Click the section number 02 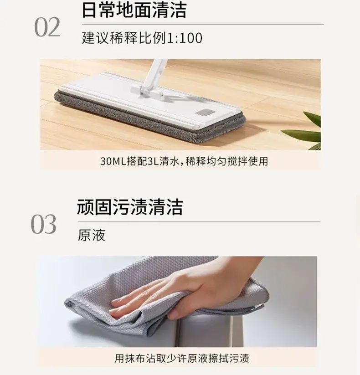pos(47,27)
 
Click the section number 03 pos(44,224)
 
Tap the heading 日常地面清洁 pos(134,10)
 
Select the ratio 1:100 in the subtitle pos(185,38)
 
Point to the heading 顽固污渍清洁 pos(130,207)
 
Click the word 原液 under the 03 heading pos(92,236)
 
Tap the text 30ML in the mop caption pos(113,161)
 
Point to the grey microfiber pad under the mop pos(148,117)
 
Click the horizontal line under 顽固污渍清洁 pos(199,222)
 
